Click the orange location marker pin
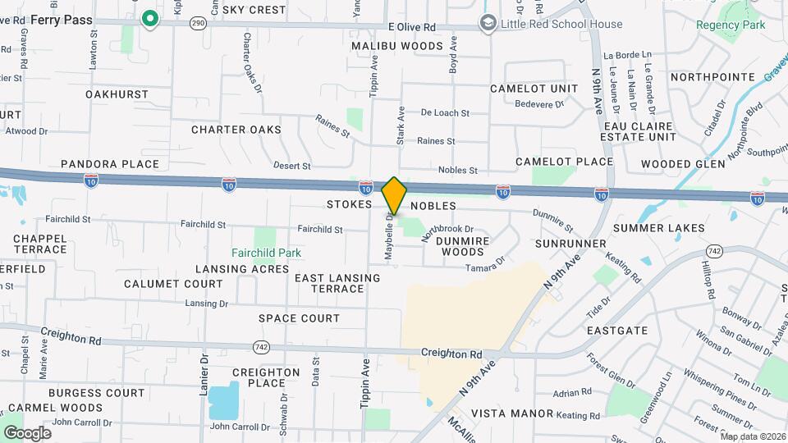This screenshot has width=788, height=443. [x=394, y=195]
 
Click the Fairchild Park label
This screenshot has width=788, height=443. [x=266, y=253]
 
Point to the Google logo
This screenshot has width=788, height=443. [x=27, y=433]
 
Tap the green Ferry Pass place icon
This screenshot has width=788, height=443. [x=149, y=18]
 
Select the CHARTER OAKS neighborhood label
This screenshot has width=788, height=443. [x=236, y=130]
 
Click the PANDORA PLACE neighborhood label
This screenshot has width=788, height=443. [x=109, y=164]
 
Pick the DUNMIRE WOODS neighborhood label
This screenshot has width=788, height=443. [x=472, y=246]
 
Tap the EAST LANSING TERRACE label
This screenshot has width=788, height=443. [x=337, y=283]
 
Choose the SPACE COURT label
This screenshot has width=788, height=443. [x=299, y=318]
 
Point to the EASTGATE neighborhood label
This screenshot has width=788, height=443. [x=617, y=331]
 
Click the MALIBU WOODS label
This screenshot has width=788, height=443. [x=397, y=46]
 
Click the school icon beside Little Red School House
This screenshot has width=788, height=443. [x=488, y=23]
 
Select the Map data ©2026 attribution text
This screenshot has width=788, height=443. [x=753, y=436]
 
